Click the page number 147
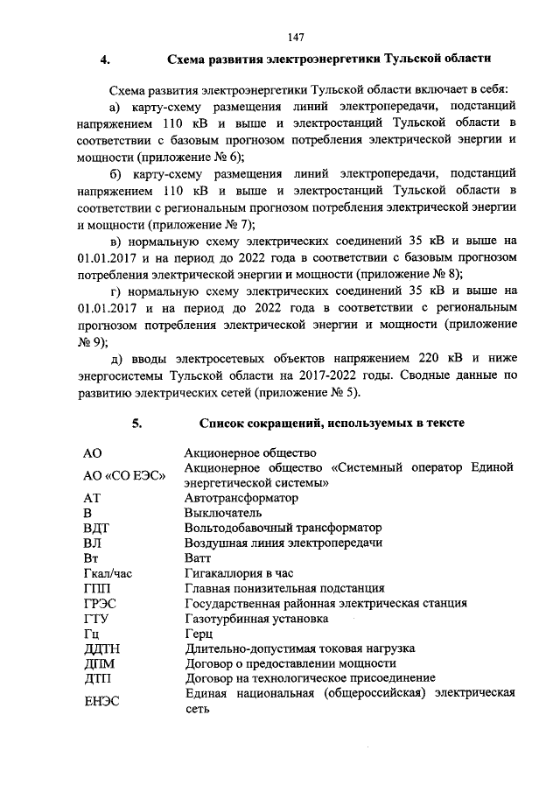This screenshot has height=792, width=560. [295, 38]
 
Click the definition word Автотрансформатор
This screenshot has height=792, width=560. [241, 497]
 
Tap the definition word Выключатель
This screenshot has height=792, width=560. [223, 513]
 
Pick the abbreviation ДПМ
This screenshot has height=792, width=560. [98, 663]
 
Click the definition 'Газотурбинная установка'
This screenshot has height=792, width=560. [256, 618]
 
